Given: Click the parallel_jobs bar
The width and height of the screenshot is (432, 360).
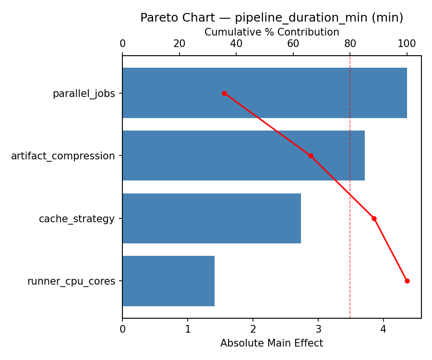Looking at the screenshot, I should [x=264, y=93].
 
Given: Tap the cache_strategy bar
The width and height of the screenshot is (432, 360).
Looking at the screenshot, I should [x=212, y=218].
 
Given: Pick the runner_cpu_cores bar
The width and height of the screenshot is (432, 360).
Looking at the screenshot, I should [x=168, y=281].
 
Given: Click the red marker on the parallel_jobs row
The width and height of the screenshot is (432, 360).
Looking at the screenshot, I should [x=224, y=93].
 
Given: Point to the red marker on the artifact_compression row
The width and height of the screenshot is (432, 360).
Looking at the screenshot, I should [x=311, y=156].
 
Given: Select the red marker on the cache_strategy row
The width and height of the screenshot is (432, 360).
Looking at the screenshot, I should [x=374, y=218].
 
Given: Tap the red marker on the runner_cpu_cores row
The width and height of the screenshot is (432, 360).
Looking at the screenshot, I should [x=407, y=281].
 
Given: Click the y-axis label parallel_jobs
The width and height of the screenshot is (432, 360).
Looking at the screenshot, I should [x=84, y=94].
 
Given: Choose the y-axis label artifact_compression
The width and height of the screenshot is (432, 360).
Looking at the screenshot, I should [x=63, y=156].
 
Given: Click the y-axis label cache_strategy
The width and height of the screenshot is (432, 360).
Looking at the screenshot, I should [x=77, y=219].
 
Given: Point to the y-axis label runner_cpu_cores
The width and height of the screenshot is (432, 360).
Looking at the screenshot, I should [x=71, y=281].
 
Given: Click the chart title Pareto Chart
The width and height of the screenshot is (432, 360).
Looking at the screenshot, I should [x=272, y=18].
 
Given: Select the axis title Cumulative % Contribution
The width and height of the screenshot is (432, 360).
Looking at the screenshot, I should [x=272, y=32].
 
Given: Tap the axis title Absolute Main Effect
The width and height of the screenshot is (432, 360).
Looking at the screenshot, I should [x=272, y=343].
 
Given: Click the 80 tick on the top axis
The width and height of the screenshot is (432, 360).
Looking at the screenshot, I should [x=350, y=44].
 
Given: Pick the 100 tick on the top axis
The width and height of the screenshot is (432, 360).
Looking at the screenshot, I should [x=407, y=44].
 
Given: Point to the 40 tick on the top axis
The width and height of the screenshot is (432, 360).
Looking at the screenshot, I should [x=236, y=44].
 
